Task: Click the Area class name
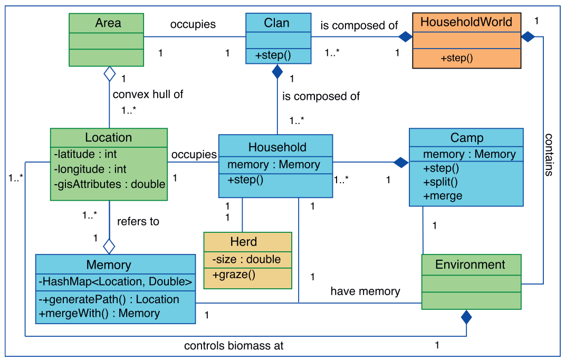coord(108,23)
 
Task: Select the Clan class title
coord(276,23)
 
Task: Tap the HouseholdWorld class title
coord(466,22)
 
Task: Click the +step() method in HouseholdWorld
coord(456,58)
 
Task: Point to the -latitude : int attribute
coord(85,154)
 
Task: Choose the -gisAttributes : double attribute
coord(109,184)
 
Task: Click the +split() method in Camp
coord(440,182)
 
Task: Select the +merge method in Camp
coord(443,196)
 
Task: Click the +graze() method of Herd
coord(234,274)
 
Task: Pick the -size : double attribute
coord(246,259)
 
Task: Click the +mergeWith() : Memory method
coord(99,313)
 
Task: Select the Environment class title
coord(470,264)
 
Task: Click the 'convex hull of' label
coord(148,94)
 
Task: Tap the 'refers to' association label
coord(138,221)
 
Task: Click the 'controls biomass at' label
coord(234,346)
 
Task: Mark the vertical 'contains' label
coord(549,154)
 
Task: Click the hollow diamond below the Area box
coord(109,74)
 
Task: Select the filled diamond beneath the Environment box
coord(466,317)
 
